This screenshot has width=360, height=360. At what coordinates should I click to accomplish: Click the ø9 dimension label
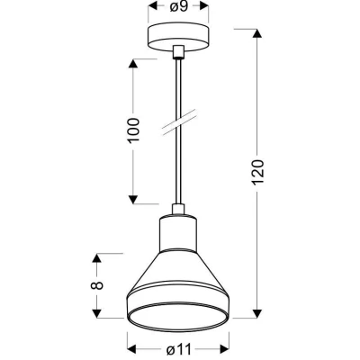tap(178, 6)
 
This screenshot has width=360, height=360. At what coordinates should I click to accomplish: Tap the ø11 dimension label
tap(179, 349)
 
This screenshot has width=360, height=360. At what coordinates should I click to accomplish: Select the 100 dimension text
tap(134, 130)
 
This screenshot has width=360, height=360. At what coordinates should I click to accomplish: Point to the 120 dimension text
tap(258, 172)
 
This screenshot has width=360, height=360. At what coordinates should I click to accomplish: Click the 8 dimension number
tap(96, 285)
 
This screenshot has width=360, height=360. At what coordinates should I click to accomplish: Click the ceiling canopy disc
tap(178, 38)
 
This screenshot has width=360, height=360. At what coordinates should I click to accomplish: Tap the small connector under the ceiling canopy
tap(178, 51)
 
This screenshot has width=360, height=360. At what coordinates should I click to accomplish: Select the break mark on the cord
tap(179, 121)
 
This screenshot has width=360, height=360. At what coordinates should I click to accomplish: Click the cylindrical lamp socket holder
tap(178, 233)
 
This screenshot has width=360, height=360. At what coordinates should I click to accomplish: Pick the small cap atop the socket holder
tap(178, 209)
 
